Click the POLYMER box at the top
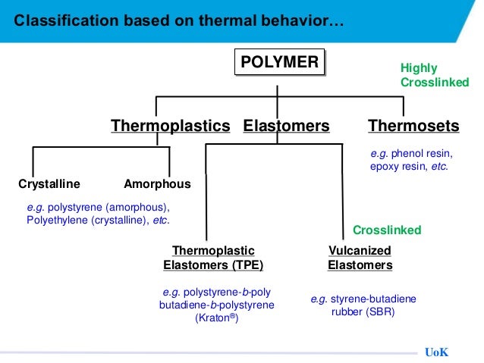279,63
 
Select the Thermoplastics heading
170,125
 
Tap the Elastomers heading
286,125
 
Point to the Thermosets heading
413,125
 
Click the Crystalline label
49,183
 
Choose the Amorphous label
157,183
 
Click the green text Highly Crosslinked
434,75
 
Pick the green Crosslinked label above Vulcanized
387,230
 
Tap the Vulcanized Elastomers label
360,258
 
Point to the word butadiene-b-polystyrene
216,305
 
